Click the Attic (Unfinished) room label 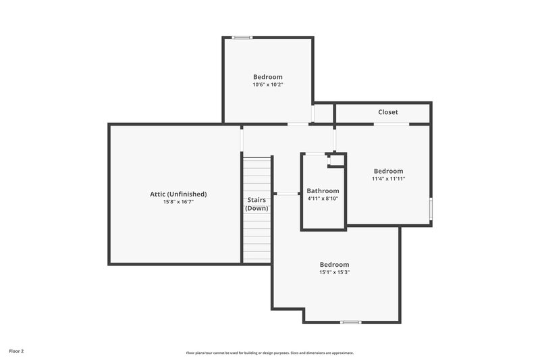coord(178,194)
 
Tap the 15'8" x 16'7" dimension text coord(178,202)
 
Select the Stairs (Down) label coord(256,204)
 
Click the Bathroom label coord(323,191)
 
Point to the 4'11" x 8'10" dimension coord(323,199)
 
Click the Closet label coord(387,112)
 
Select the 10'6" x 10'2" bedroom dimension coord(268,85)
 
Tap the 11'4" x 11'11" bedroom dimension coord(388,180)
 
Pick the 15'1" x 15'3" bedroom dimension coord(334,272)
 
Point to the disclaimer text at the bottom coord(270,353)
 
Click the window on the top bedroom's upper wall coord(242,37)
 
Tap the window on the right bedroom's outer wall coord(431,209)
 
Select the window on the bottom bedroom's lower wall coord(350,322)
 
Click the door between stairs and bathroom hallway coord(288,194)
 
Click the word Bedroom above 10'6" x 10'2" coord(268,77)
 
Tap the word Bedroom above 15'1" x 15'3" coord(334,264)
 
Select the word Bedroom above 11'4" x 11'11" coord(388,172)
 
